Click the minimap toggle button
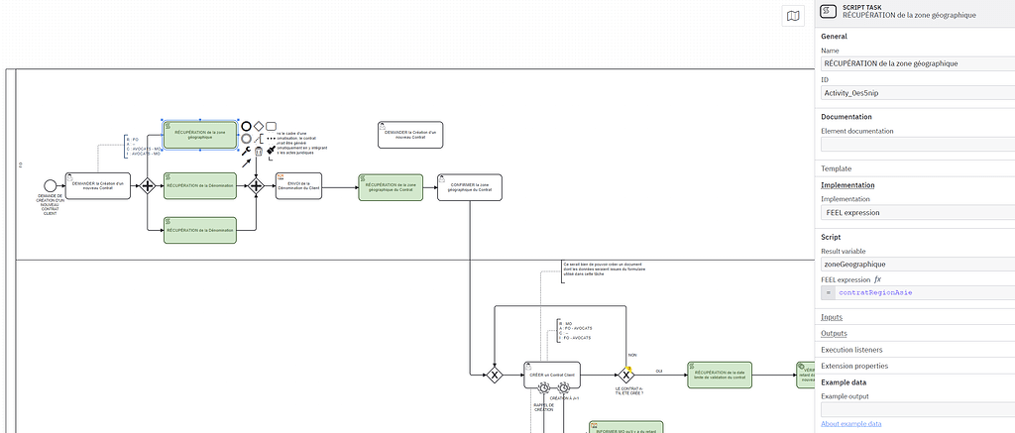792,16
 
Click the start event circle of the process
50,185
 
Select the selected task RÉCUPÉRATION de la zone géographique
199,135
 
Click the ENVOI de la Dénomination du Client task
298,186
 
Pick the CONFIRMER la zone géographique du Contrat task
469,187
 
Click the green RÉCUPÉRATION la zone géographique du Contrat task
390,187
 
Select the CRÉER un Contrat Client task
553,375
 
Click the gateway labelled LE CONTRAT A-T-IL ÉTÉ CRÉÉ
625,375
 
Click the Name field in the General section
915,63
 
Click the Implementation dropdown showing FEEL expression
915,212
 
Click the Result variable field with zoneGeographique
915,265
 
